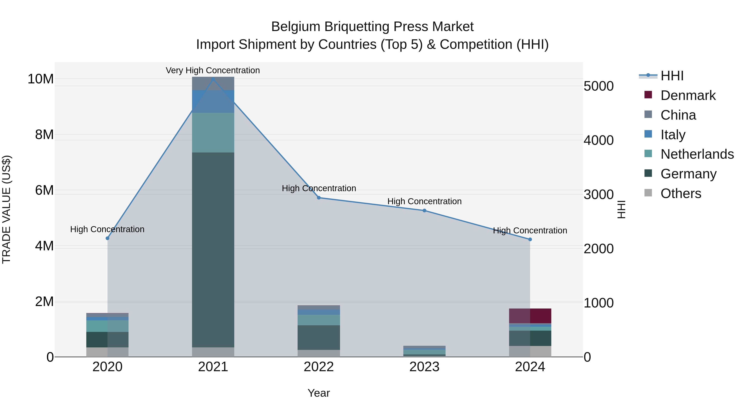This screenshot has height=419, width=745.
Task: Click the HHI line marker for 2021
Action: [213, 79]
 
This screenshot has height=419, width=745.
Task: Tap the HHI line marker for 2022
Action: [319, 198]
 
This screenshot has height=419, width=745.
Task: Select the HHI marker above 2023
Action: [424, 210]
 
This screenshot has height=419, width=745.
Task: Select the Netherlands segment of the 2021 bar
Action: [213, 132]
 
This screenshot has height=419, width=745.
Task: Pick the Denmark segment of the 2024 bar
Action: [530, 316]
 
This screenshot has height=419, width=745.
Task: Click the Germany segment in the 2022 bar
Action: [319, 337]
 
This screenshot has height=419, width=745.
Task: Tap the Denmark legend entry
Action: [688, 95]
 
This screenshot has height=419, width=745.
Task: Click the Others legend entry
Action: [680, 193]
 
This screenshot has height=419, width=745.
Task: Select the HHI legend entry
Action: [672, 76]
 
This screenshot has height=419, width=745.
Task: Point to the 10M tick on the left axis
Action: [41, 79]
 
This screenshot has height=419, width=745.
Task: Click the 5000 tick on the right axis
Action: [598, 86]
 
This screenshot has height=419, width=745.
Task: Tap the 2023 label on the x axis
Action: [424, 367]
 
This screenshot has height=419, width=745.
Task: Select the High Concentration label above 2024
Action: [530, 231]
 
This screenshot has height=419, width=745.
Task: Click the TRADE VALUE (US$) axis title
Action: [6, 209]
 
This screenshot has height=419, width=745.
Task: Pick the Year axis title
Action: [319, 393]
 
